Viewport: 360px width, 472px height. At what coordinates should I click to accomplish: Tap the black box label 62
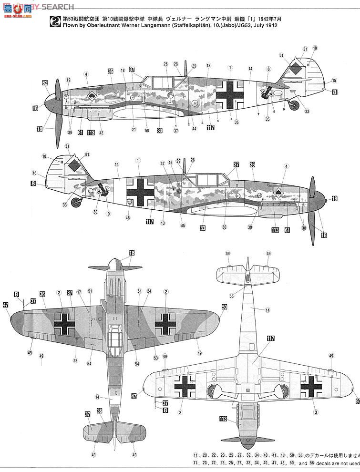(45, 83)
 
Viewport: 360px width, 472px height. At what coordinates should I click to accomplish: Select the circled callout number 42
(101, 133)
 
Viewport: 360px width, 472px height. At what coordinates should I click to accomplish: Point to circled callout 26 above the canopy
(165, 64)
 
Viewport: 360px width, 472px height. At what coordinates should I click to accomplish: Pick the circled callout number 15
(334, 81)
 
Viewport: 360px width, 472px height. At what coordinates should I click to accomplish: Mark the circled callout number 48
(127, 218)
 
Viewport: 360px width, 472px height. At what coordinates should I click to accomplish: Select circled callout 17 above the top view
(80, 291)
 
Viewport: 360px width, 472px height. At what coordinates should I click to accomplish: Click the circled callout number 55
(231, 296)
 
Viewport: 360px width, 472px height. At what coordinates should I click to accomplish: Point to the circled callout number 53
(155, 357)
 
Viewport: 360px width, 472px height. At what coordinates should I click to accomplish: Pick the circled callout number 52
(75, 360)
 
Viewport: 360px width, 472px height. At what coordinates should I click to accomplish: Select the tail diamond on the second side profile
(74, 165)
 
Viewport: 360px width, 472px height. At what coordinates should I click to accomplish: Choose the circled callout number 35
(267, 119)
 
